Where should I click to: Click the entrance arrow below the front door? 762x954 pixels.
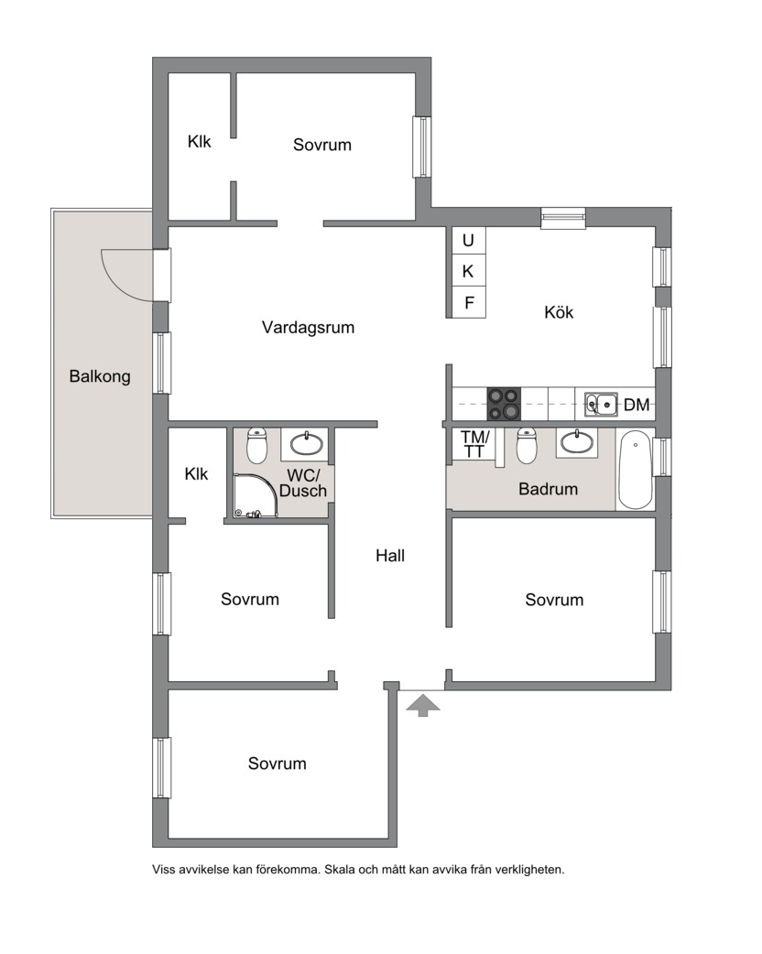pyautogui.click(x=422, y=706)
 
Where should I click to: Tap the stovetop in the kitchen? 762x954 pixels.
pyautogui.click(x=504, y=404)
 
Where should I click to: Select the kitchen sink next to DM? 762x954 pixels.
pyautogui.click(x=602, y=404)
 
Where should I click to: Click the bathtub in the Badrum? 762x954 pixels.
pyautogui.click(x=634, y=470)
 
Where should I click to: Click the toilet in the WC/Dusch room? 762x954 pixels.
pyautogui.click(x=257, y=445)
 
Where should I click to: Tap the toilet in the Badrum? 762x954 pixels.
pyautogui.click(x=527, y=445)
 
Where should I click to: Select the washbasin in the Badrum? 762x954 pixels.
pyautogui.click(x=577, y=442)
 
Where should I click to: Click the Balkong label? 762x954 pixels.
pyautogui.click(x=100, y=376)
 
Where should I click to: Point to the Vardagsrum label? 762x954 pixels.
pyautogui.click(x=308, y=328)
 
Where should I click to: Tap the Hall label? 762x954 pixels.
pyautogui.click(x=390, y=556)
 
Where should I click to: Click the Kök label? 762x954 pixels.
pyautogui.click(x=559, y=313)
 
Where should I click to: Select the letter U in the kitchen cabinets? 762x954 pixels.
pyautogui.click(x=468, y=241)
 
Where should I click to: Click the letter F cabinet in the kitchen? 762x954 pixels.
pyautogui.click(x=469, y=302)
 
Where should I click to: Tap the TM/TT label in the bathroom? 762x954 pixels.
pyautogui.click(x=474, y=444)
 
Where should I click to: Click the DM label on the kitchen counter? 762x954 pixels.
pyautogui.click(x=637, y=405)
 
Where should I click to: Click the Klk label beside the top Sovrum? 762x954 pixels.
pyautogui.click(x=199, y=142)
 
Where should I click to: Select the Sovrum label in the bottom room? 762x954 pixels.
pyautogui.click(x=277, y=764)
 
